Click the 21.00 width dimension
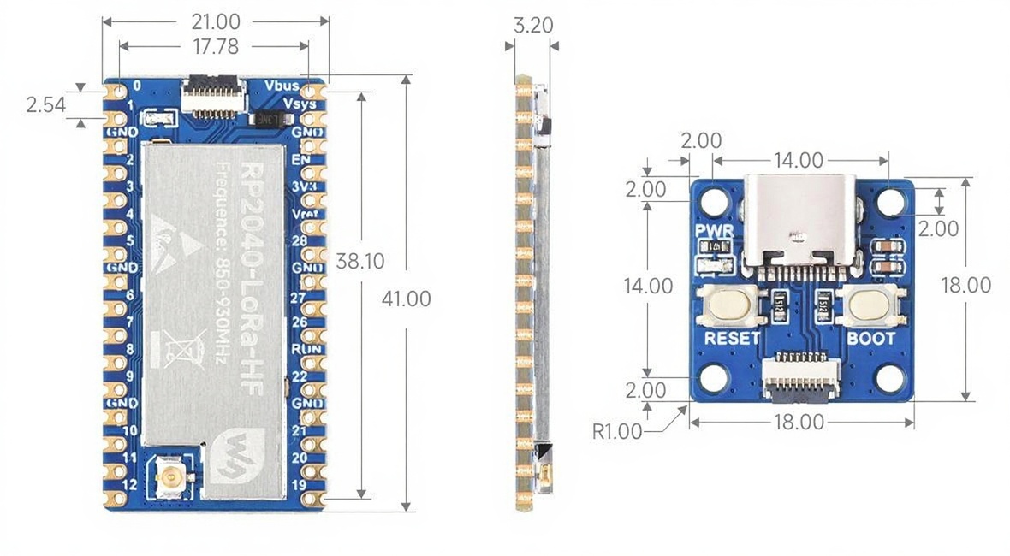click(x=215, y=22)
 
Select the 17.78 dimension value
click(x=215, y=46)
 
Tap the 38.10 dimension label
click(x=360, y=262)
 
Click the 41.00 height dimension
click(x=406, y=299)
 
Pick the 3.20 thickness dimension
click(x=532, y=24)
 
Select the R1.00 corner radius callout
click(x=616, y=431)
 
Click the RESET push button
click(x=730, y=306)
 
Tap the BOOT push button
click(x=870, y=306)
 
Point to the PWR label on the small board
click(x=712, y=231)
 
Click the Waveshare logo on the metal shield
click(x=234, y=454)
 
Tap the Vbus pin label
click(x=282, y=86)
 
